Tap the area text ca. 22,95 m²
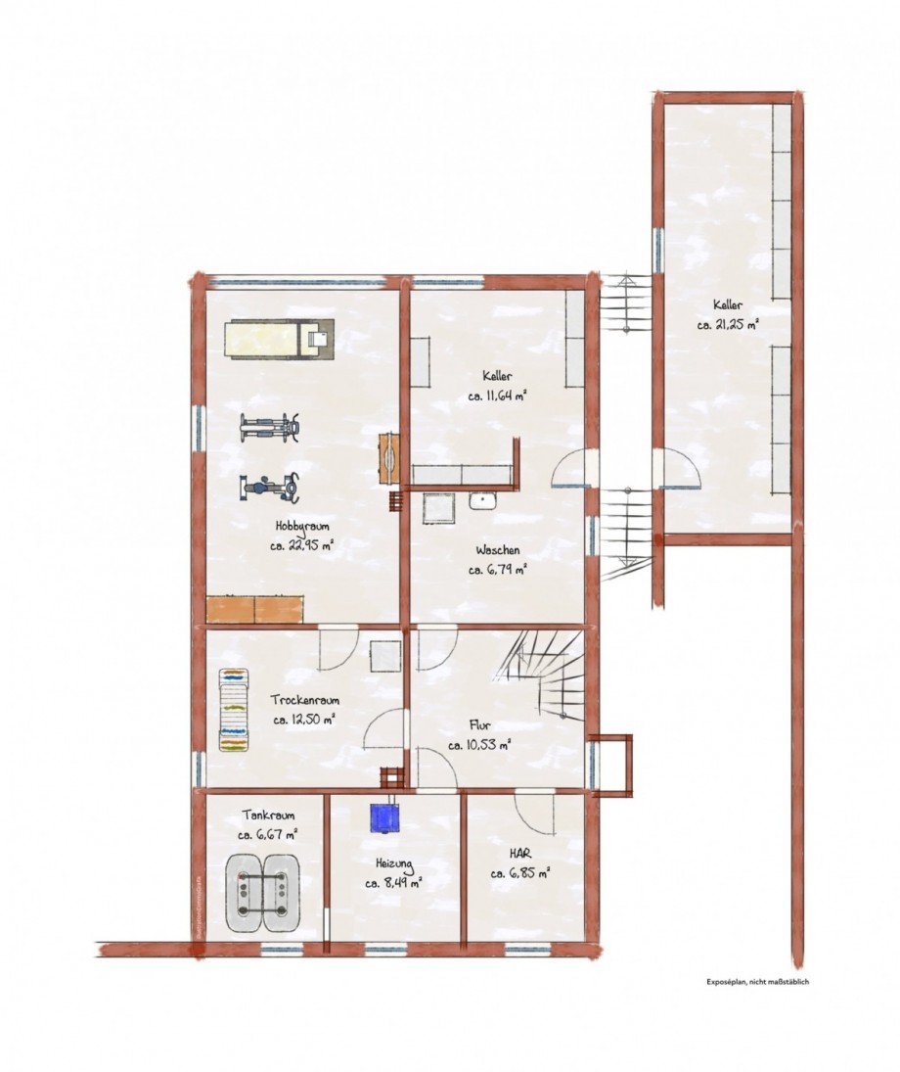click(x=302, y=547)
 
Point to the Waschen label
click(x=498, y=549)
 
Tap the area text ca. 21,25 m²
click(x=728, y=325)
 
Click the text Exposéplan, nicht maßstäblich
click(x=758, y=981)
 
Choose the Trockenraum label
click(x=307, y=701)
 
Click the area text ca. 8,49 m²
click(x=393, y=883)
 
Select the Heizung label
click(x=393, y=863)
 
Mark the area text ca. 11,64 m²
click(x=498, y=396)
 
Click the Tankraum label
click(x=267, y=815)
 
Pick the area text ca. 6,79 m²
click(x=498, y=569)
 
